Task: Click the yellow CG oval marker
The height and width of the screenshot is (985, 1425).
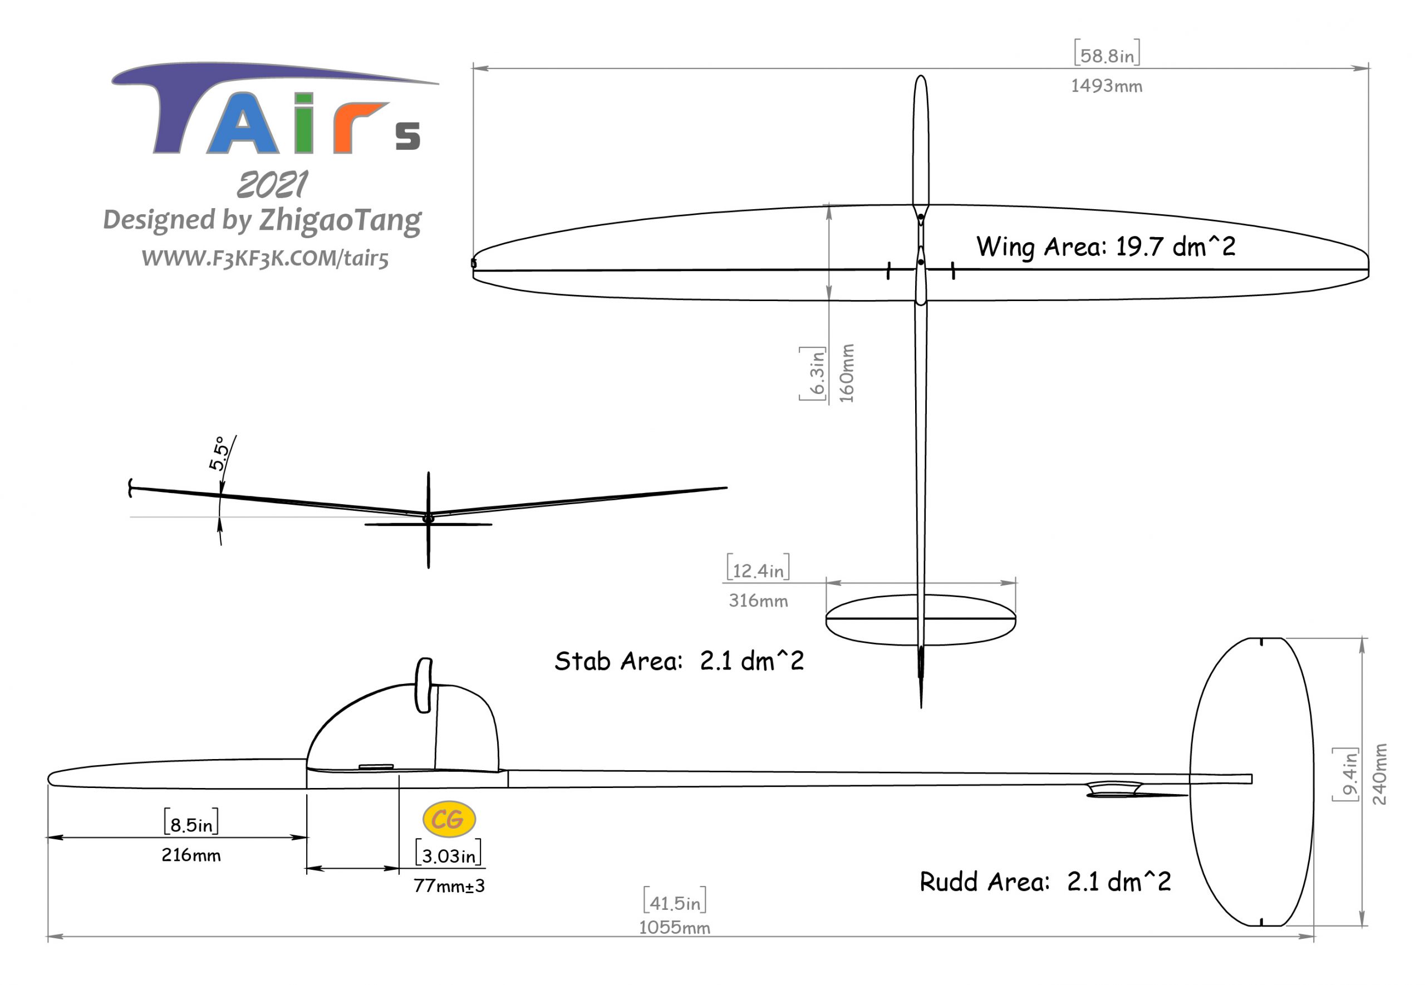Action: pos(449,820)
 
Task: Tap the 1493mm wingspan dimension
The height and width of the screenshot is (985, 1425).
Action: pos(1106,86)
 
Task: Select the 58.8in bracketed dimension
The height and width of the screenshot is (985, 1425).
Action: pos(1107,55)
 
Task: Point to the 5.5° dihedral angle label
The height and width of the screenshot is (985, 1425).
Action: pos(218,453)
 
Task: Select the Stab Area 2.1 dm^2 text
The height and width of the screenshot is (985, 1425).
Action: pos(679,661)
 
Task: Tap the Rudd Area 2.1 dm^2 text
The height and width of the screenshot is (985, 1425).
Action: pos(1045,881)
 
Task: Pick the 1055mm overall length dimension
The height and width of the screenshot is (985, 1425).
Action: pos(674,928)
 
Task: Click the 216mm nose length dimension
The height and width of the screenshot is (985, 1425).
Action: pos(191,855)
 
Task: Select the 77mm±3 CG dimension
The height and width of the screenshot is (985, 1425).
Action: pos(449,885)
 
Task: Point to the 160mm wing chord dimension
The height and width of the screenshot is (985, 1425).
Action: pos(846,373)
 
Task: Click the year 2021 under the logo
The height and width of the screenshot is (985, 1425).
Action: pos(272,185)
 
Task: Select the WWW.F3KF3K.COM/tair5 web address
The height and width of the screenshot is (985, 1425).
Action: pos(265,258)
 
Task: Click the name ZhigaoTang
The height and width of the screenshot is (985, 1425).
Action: pos(340,220)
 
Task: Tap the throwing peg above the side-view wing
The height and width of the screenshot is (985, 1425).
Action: pos(424,684)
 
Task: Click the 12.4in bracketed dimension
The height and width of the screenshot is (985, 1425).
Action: pos(758,569)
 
